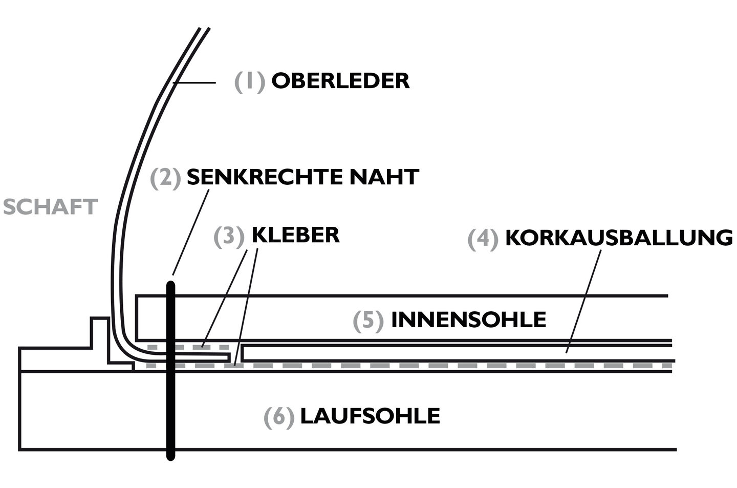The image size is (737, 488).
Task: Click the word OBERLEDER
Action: tap(340, 81)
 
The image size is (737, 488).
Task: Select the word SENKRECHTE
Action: tap(264, 177)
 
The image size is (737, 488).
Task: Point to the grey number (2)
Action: tap(165, 178)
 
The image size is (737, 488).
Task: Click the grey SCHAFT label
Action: tap(50, 207)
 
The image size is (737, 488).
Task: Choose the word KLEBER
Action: tap(295, 235)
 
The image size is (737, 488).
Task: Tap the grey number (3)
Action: tap(229, 236)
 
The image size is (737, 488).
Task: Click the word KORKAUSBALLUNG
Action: tap(618, 238)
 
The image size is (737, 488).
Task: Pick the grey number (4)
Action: tap(483, 239)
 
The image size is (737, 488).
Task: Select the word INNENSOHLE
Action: tap(468, 320)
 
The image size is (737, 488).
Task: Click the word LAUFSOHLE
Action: tap(370, 416)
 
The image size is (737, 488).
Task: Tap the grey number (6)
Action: tap(279, 417)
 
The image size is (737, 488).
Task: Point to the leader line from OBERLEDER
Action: tap(194, 82)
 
